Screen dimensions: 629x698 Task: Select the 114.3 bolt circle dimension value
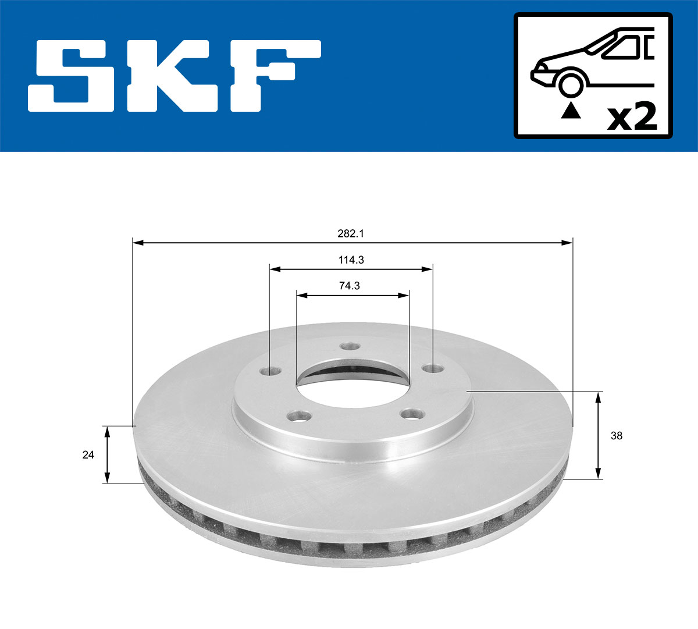coord(351,260)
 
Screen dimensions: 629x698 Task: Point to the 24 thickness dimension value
coord(88,455)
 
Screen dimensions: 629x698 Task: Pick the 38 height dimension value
coord(617,435)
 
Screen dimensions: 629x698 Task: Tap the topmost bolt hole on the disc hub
coord(349,346)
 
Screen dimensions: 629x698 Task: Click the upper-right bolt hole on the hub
coord(431,369)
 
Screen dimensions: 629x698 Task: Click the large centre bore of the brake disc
coord(352,378)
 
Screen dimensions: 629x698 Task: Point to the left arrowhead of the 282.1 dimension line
coord(138,242)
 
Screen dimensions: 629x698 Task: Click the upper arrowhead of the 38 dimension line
coord(599,396)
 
